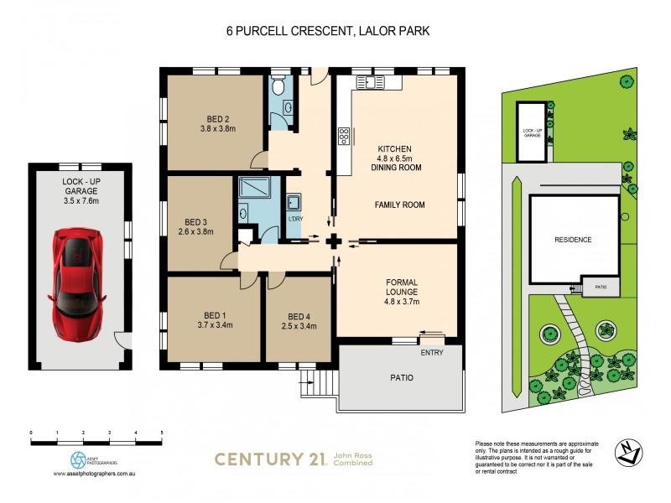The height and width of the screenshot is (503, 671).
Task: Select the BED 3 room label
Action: click(x=196, y=226)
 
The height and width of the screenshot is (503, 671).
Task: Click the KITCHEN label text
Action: click(x=395, y=149)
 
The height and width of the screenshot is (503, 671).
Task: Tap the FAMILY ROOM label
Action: click(x=399, y=205)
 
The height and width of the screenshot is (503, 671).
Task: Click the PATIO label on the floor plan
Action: click(x=402, y=377)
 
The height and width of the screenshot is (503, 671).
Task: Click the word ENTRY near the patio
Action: click(x=432, y=353)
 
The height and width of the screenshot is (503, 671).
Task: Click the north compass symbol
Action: click(x=630, y=450)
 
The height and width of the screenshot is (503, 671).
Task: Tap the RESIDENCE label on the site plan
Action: click(x=573, y=240)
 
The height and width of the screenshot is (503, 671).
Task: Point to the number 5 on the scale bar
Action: click(x=161, y=433)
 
